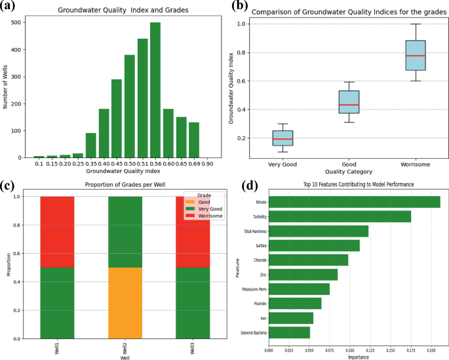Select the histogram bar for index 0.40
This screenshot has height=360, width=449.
pos(104,134)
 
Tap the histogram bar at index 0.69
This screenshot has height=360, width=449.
pos(194,140)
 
